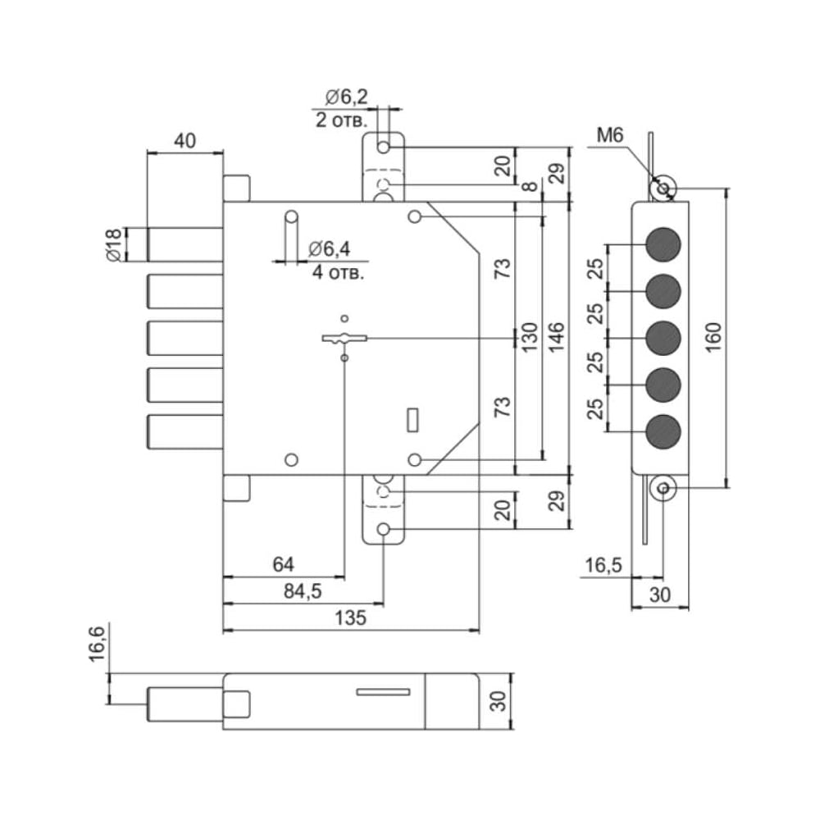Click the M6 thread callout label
610,135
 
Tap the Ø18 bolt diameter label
113,244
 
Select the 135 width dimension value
350,617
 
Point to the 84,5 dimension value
303,591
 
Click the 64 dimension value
284,564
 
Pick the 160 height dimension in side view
713,337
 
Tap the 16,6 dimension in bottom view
98,643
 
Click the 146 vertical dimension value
556,337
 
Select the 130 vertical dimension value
529,337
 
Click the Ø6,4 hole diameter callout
330,249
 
